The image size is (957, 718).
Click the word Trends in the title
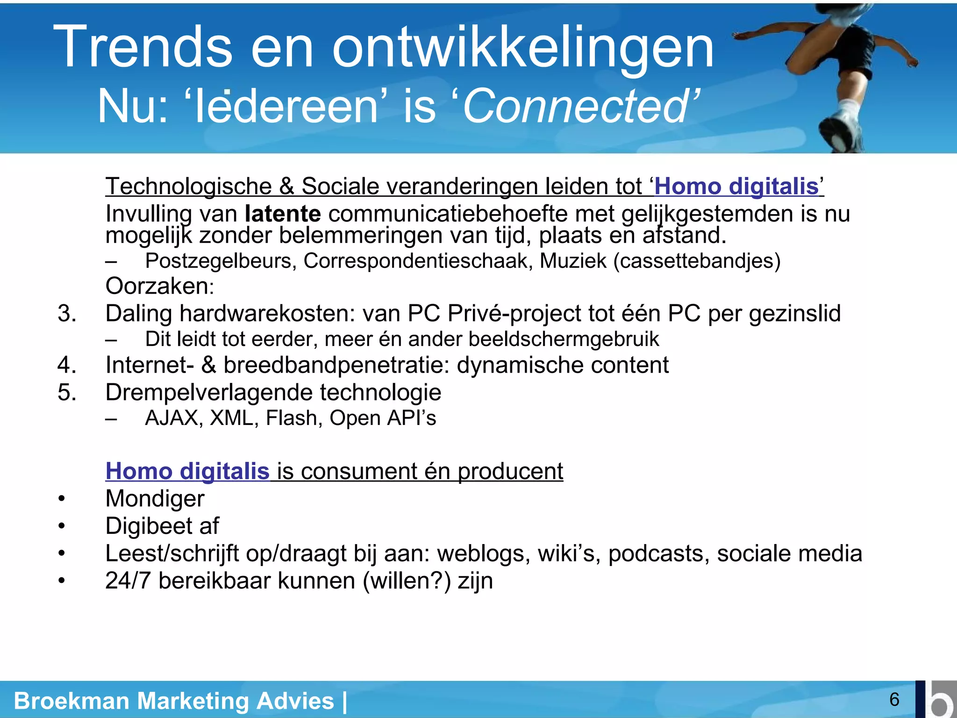pos(143,47)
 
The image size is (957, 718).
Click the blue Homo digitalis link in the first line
pos(736,187)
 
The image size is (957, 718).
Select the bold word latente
pos(283,214)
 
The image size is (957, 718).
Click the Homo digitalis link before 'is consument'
pos(187,471)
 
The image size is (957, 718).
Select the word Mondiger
pos(155,498)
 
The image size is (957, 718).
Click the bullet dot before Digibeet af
pos(61,526)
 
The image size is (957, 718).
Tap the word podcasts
pos(658,553)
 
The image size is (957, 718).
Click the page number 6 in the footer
pos(894,699)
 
